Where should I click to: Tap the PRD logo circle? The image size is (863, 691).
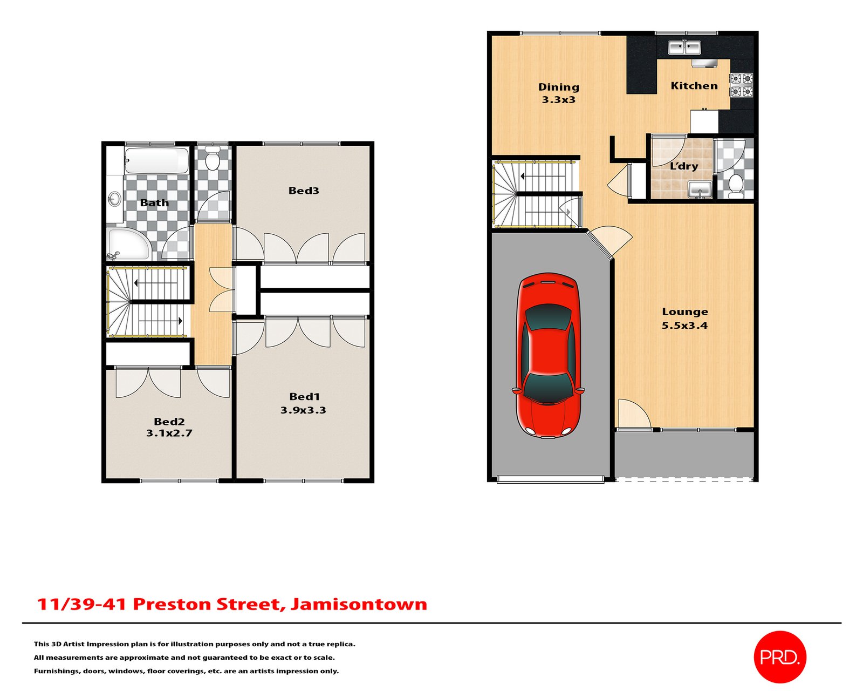779,657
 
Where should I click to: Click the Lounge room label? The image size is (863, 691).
684,311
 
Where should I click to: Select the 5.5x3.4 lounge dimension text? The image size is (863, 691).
684,326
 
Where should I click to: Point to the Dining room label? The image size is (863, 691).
559,87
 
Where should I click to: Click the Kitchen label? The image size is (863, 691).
694,86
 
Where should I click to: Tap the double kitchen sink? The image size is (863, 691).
684,48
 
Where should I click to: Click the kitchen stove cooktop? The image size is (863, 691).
741,85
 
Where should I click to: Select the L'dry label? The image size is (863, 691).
684,166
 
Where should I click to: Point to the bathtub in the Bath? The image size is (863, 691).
156,160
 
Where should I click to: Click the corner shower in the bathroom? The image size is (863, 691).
127,244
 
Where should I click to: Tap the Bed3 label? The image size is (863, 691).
304,191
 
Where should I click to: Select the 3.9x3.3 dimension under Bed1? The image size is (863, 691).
303,410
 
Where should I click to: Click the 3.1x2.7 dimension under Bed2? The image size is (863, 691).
169,433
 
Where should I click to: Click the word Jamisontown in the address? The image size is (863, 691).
359,604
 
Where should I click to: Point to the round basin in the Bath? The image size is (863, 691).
114,199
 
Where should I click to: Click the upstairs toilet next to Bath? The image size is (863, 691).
213,158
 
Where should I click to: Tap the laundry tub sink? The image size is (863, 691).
700,190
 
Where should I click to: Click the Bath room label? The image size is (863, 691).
154,203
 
